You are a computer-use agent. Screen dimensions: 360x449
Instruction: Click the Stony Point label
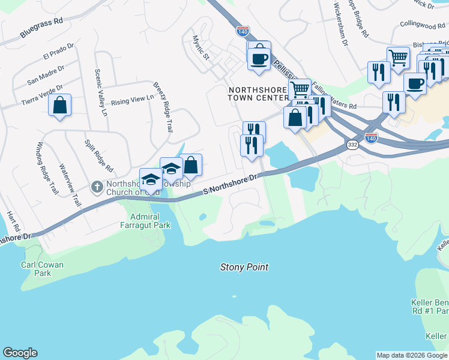(244, 267)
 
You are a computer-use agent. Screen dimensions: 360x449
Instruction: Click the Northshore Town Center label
(259, 94)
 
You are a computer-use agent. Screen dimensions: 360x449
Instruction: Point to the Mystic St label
(200, 47)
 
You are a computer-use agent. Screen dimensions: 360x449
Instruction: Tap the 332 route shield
(352, 145)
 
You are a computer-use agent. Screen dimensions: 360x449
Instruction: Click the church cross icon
(96, 187)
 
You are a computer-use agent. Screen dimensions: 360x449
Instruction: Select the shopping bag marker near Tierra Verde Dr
(60, 106)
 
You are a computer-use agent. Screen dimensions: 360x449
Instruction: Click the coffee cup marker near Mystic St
(259, 58)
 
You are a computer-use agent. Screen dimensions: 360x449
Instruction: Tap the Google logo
(20, 353)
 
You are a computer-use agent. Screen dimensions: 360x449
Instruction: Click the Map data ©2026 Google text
(412, 355)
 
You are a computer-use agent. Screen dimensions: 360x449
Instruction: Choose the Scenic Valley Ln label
(100, 92)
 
